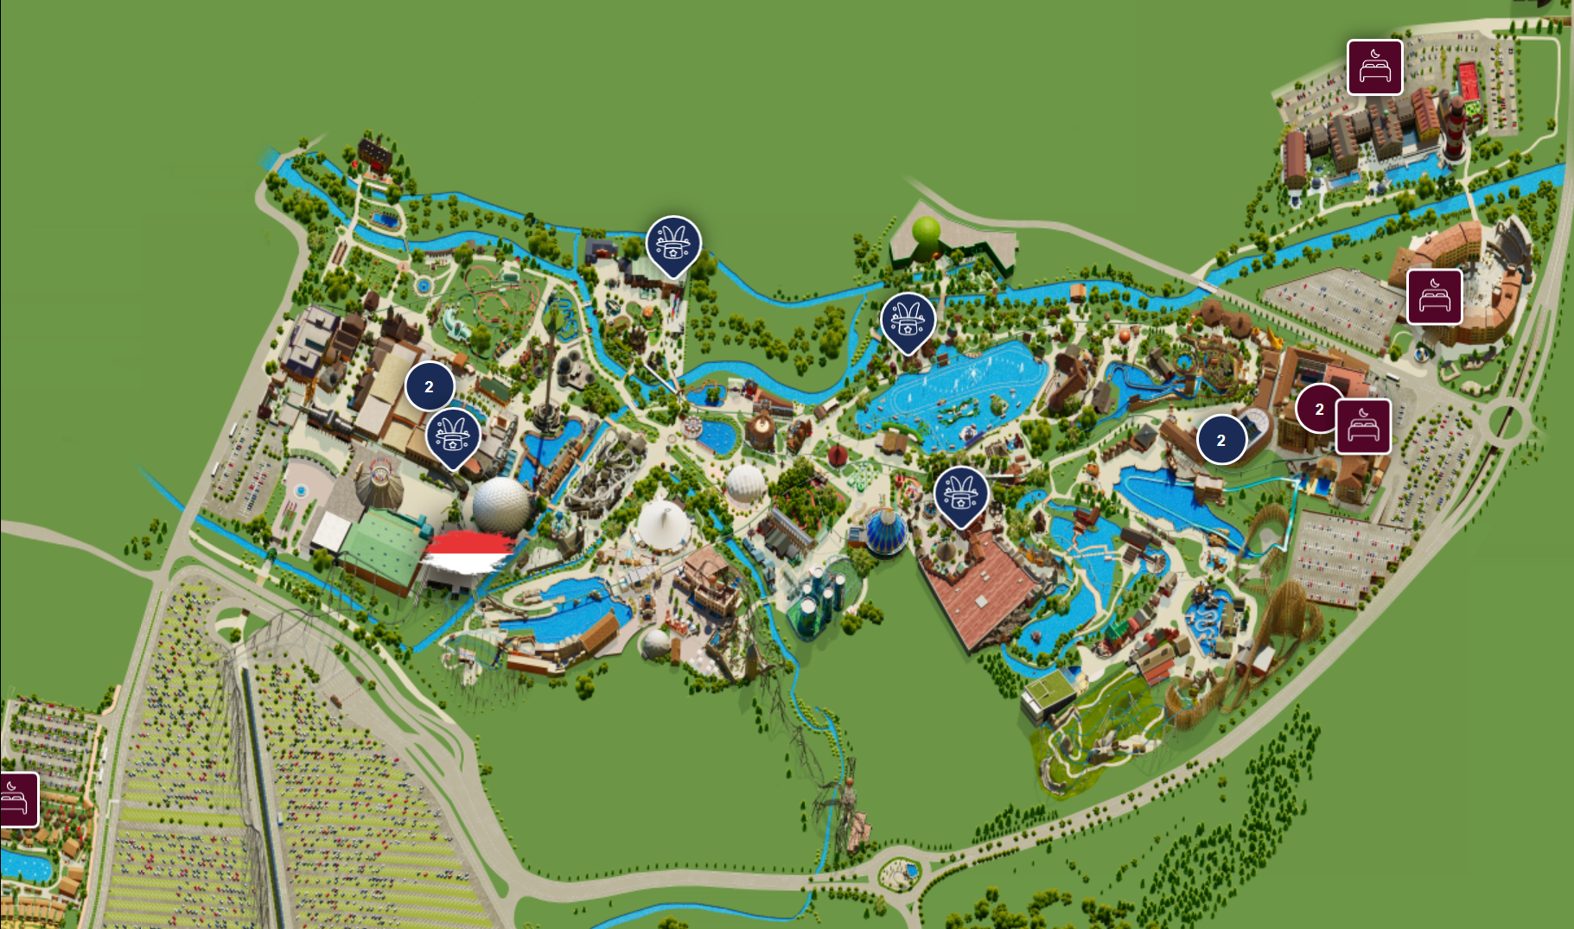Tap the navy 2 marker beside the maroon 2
pyautogui.click(x=1220, y=440)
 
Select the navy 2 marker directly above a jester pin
pyautogui.click(x=430, y=386)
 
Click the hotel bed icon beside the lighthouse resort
pyautogui.click(x=1374, y=67)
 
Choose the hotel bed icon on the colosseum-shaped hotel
pyautogui.click(x=1434, y=296)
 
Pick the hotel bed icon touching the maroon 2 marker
pyautogui.click(x=1363, y=426)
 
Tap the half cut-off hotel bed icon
pyautogui.click(x=17, y=799)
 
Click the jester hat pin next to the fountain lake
pyautogui.click(x=908, y=321)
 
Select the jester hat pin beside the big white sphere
pyautogui.click(x=453, y=436)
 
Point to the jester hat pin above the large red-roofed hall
pyautogui.click(x=960, y=495)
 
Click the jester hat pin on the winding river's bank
pyautogui.click(x=673, y=244)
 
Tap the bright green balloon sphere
pyautogui.click(x=926, y=231)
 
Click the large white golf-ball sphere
pyautogui.click(x=500, y=504)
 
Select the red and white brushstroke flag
pyautogui.click(x=467, y=553)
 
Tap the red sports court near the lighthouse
pyautogui.click(x=1469, y=80)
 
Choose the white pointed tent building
pyautogui.click(x=664, y=523)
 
